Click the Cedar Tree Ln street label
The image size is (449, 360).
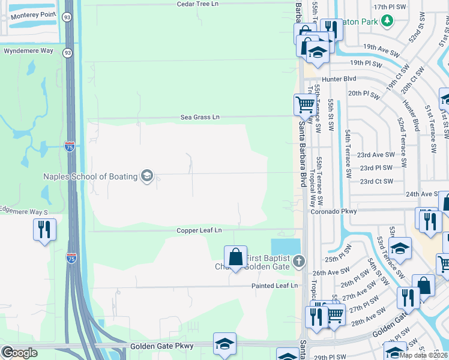pos(199,4)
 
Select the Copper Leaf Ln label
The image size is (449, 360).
pos(199,230)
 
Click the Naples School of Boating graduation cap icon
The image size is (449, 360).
pos(146,176)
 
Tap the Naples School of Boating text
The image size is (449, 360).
pos(89,176)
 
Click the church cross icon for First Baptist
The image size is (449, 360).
pos(300,261)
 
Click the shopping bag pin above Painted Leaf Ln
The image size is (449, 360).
pos(236,257)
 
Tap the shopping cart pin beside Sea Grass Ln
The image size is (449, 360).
pos(305,104)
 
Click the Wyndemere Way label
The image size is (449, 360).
pos(29,51)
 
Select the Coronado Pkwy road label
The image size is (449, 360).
pos(333,211)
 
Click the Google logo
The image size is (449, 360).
pos(20,352)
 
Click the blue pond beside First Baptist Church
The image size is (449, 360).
pos(285,246)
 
